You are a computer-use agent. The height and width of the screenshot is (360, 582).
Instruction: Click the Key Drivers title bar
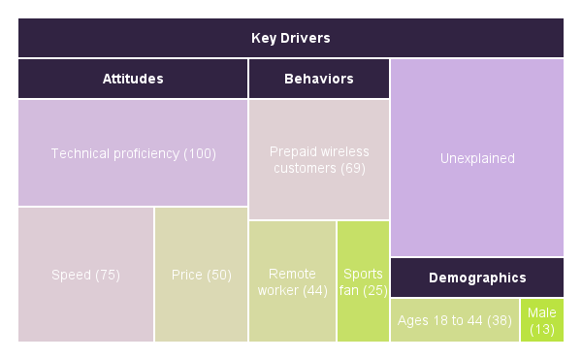click(291, 38)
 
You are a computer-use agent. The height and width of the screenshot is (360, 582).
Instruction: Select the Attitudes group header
click(133, 79)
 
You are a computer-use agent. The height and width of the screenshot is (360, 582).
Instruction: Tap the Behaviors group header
click(319, 79)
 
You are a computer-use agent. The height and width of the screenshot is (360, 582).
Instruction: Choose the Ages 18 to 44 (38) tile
click(454, 320)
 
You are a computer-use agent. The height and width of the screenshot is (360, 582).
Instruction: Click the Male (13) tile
click(542, 320)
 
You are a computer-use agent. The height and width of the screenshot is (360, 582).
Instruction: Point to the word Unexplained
click(477, 158)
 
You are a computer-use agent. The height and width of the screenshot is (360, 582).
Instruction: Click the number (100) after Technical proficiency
click(199, 153)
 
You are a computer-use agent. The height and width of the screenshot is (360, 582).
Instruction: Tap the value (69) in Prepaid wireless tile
click(353, 169)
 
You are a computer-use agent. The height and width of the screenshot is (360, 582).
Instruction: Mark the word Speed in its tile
click(70, 275)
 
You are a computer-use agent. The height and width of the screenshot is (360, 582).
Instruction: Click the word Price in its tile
click(187, 275)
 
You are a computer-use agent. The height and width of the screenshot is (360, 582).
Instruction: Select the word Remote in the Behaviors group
click(292, 275)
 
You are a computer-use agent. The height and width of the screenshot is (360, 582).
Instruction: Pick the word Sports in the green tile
click(363, 275)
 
